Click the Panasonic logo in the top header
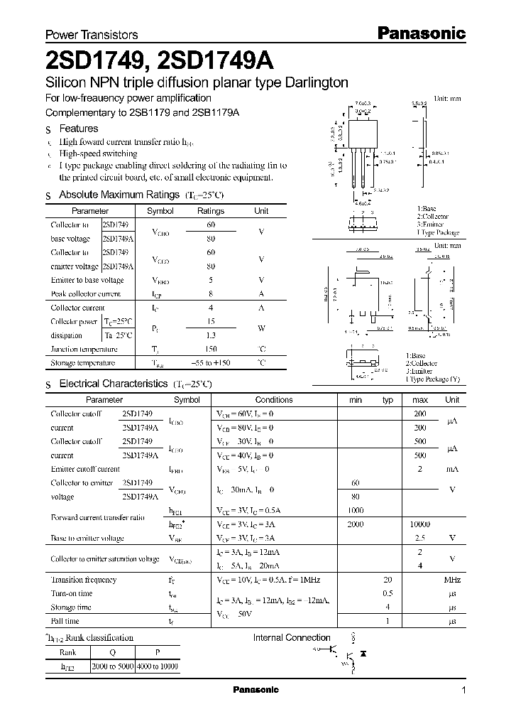pos(420,33)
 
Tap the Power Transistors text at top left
pos(92,35)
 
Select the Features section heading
pos(78,129)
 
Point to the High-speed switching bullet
pos(98,153)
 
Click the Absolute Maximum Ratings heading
pos(119,194)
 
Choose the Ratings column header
pos(211,211)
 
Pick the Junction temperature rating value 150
pos(211,349)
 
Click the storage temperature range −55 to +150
pos(211,362)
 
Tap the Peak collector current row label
pos(85,293)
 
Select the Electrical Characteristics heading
pos(113,384)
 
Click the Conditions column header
pos(273,400)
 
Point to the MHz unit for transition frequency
pos(451,580)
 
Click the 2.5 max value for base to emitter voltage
pos(419,538)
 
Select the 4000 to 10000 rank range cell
pos(159,668)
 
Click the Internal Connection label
pos(292,637)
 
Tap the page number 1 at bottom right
pos(463,691)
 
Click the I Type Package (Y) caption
pos(432,379)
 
